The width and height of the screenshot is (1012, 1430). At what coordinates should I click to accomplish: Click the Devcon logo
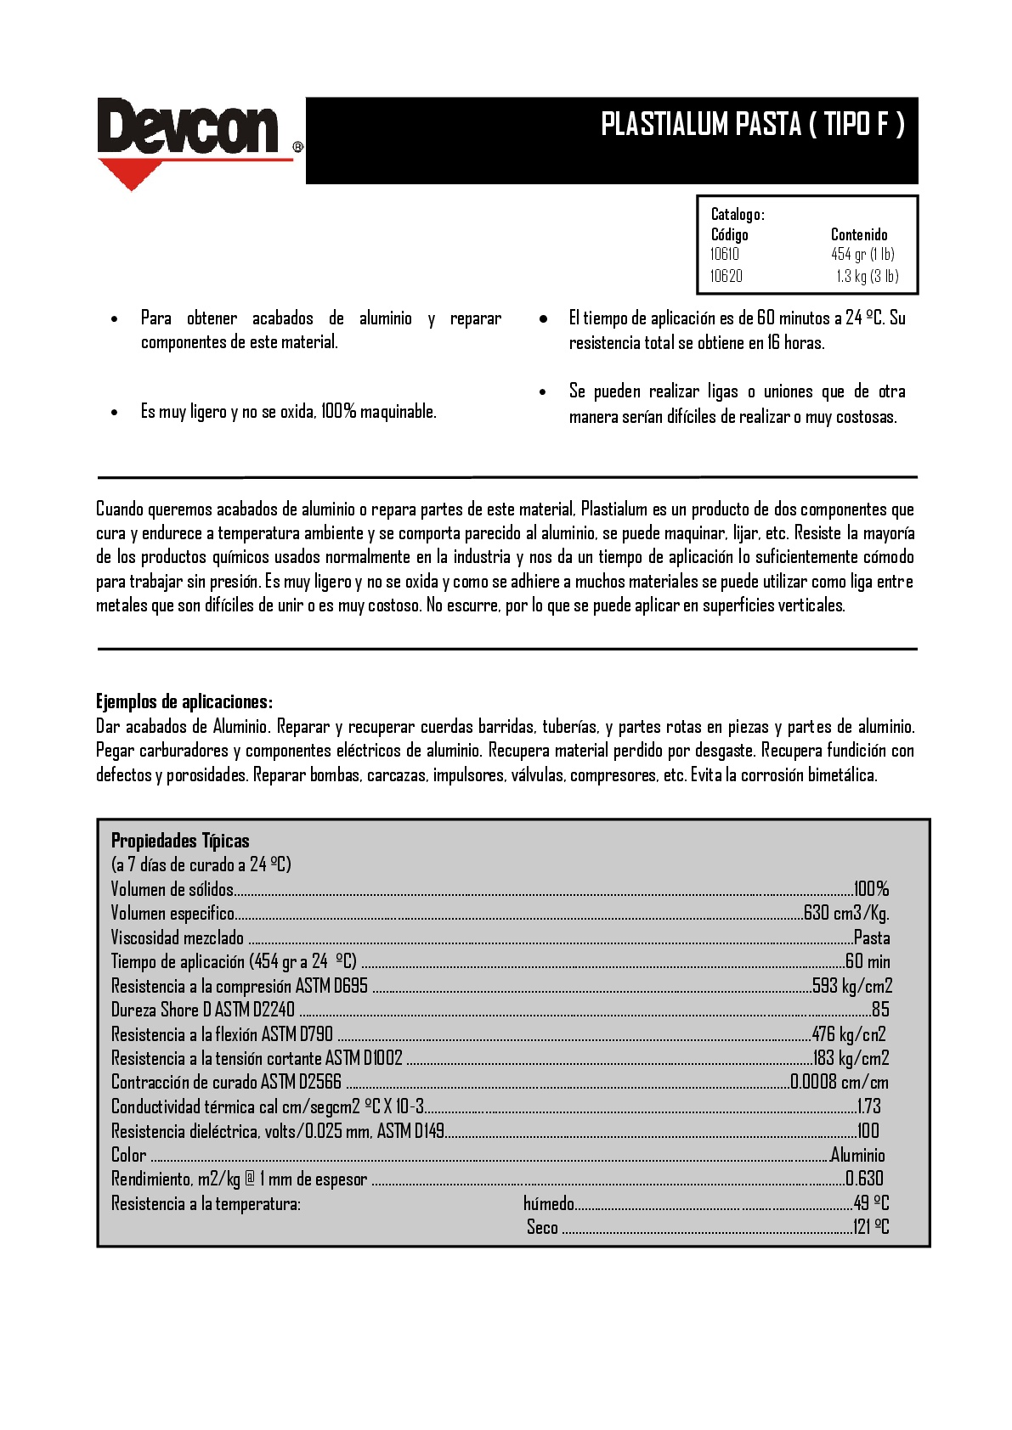188,127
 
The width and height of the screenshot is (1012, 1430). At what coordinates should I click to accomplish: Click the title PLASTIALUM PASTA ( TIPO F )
753,125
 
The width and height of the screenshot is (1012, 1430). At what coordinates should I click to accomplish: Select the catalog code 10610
725,254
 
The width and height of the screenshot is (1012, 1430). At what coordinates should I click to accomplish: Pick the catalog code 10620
726,276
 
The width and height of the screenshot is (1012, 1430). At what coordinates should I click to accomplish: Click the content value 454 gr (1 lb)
862,254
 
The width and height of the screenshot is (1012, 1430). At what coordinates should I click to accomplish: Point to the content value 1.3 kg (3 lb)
867,276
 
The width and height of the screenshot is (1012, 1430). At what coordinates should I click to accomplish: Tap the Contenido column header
859,234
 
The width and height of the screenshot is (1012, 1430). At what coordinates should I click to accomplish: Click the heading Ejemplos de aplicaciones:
184,701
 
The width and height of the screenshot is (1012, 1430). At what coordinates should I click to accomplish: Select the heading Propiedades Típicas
180,841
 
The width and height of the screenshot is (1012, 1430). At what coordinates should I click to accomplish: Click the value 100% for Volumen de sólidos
871,889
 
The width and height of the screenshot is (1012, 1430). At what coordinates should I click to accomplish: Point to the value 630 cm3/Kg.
846,913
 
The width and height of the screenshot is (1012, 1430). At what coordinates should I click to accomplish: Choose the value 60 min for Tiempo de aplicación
868,961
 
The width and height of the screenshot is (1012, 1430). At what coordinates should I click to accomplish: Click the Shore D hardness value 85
880,1010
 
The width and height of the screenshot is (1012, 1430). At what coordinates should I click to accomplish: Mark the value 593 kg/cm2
852,986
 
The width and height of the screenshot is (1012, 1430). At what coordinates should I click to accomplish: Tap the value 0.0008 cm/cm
840,1082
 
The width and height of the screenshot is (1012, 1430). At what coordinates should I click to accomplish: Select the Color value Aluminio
857,1155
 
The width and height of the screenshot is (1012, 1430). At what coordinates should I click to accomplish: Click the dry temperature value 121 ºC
871,1227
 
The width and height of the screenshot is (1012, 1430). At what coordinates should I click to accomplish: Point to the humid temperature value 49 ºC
871,1203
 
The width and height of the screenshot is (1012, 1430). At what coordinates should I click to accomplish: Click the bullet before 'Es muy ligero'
115,413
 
